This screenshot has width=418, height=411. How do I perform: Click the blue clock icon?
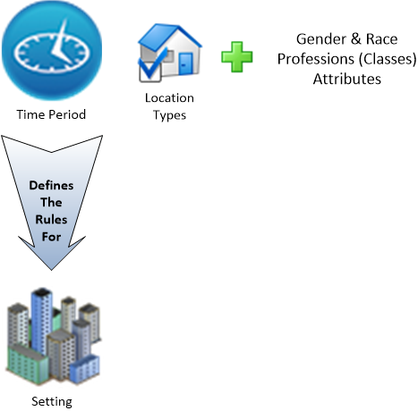coord(52,50)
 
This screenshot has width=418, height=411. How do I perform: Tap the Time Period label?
coord(51,114)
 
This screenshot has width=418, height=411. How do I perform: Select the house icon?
coord(169,53)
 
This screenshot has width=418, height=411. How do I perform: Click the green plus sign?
coord(237,57)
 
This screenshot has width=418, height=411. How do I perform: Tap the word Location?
coord(169,98)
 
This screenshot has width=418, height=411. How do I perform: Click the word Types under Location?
coord(169,115)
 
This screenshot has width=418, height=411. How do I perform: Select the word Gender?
coord(321,39)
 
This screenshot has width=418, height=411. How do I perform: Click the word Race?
coord(382,39)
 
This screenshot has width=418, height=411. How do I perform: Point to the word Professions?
coord(316,59)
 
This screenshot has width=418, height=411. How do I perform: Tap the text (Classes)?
coord(388,59)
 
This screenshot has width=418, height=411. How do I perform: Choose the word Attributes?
coord(347,80)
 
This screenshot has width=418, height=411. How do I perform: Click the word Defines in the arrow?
coord(51,186)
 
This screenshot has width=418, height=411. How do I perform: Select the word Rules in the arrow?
coord(51,220)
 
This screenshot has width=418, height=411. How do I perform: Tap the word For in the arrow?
coord(51,237)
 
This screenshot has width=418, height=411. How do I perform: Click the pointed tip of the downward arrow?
coord(51,270)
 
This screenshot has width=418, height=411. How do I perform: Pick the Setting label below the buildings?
coord(52,401)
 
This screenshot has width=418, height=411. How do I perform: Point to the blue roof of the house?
coord(168,34)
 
